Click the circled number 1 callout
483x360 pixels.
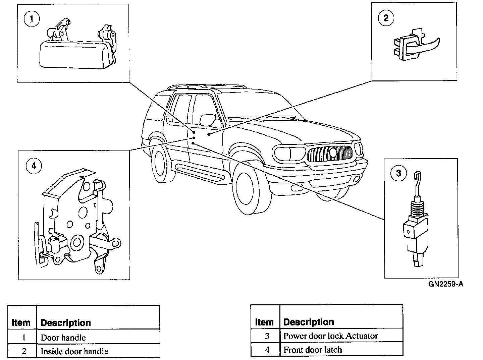pos(32,19)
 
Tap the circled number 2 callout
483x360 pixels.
pos(386,18)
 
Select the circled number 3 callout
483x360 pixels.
pos(398,173)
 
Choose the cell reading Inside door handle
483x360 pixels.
pos(74,351)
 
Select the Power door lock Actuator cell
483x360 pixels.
pos(330,336)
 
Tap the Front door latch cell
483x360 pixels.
pos(313,350)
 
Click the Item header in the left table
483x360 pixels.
pos(21,322)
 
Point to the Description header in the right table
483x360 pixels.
pos(309,322)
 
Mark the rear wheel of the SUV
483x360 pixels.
pos(162,164)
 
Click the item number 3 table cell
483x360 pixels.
pos(267,336)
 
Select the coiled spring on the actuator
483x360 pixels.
pos(415,210)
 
